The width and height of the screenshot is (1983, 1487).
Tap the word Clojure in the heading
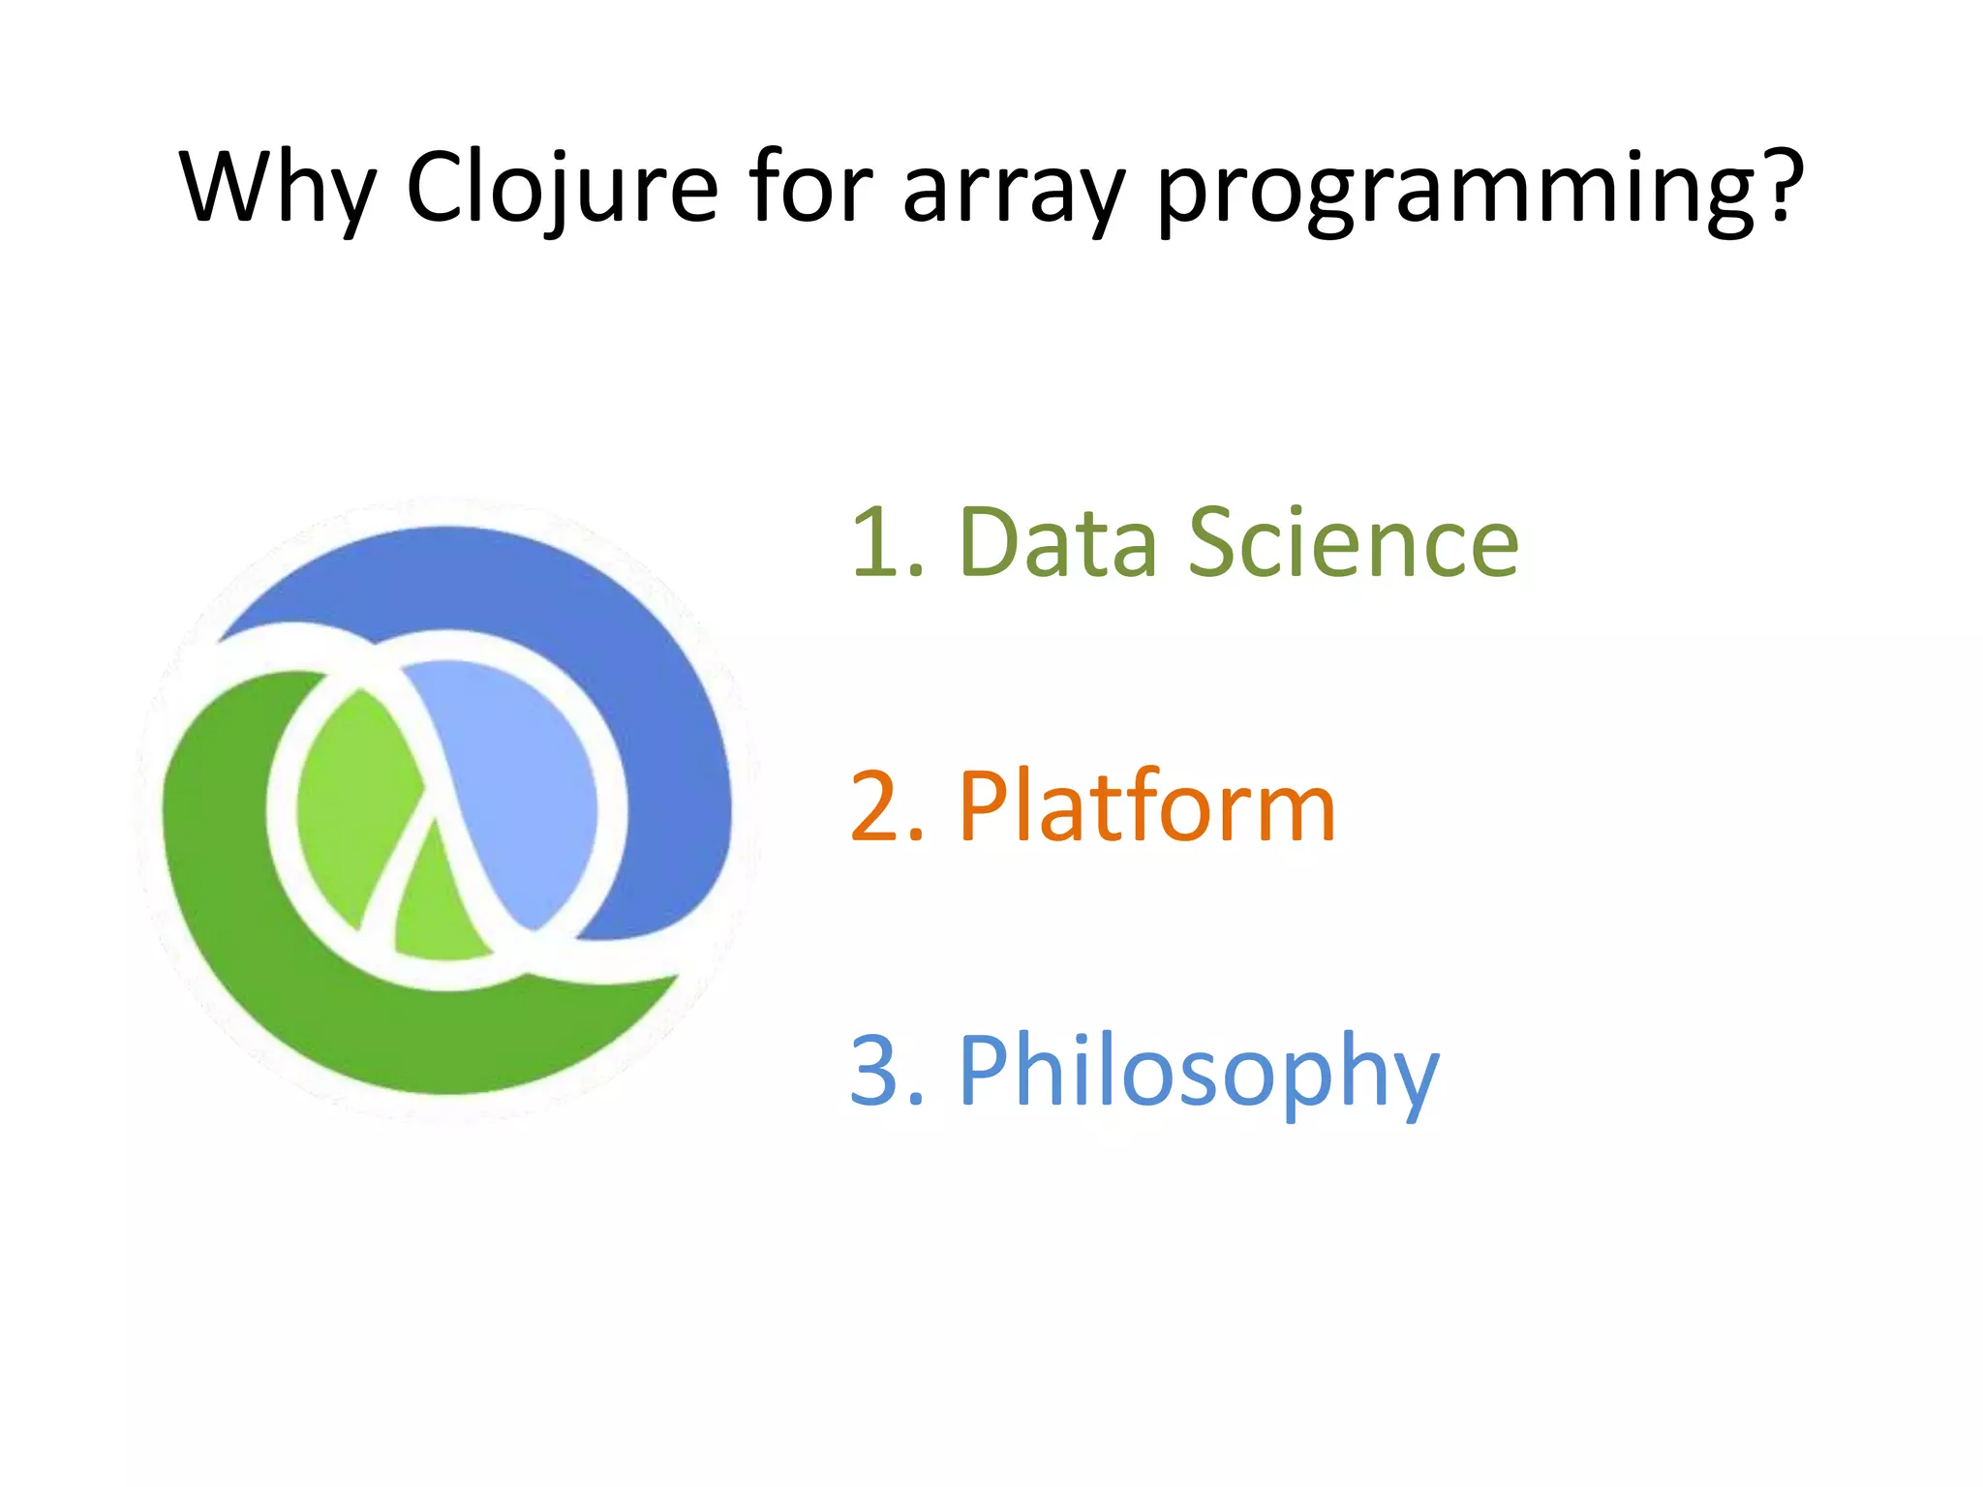[x=562, y=189]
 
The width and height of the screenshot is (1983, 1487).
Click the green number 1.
[x=877, y=544]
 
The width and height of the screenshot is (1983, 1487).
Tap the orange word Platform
[x=1147, y=807]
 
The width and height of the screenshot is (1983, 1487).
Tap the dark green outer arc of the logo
[x=290, y=968]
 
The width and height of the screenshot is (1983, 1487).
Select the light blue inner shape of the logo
[x=523, y=774]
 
